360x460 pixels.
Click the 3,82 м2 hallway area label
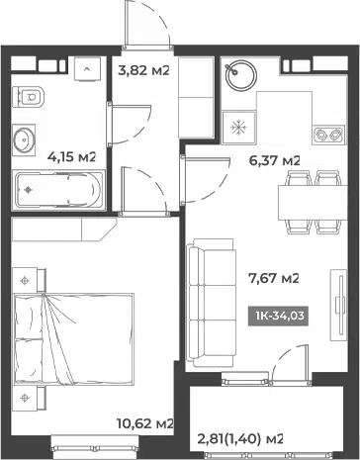click(143, 70)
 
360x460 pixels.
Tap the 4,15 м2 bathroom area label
click(71, 156)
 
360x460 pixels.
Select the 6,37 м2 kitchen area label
click(275, 161)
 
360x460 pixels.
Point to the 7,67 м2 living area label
click(274, 279)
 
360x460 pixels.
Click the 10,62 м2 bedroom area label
click(145, 423)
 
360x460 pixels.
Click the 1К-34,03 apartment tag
click(279, 316)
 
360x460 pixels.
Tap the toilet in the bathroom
click(29, 97)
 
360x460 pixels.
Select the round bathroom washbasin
click(24, 140)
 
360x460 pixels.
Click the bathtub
click(58, 190)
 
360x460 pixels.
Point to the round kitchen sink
click(241, 75)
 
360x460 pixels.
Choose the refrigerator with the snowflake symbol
click(238, 128)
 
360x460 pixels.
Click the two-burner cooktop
click(329, 135)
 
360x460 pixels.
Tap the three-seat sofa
click(212, 303)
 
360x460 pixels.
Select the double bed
click(73, 338)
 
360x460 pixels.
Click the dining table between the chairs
click(313, 203)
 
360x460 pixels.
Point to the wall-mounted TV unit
click(339, 306)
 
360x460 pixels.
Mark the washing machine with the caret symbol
click(87, 69)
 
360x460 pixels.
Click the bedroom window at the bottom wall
click(95, 448)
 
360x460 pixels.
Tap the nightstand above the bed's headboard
click(29, 280)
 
